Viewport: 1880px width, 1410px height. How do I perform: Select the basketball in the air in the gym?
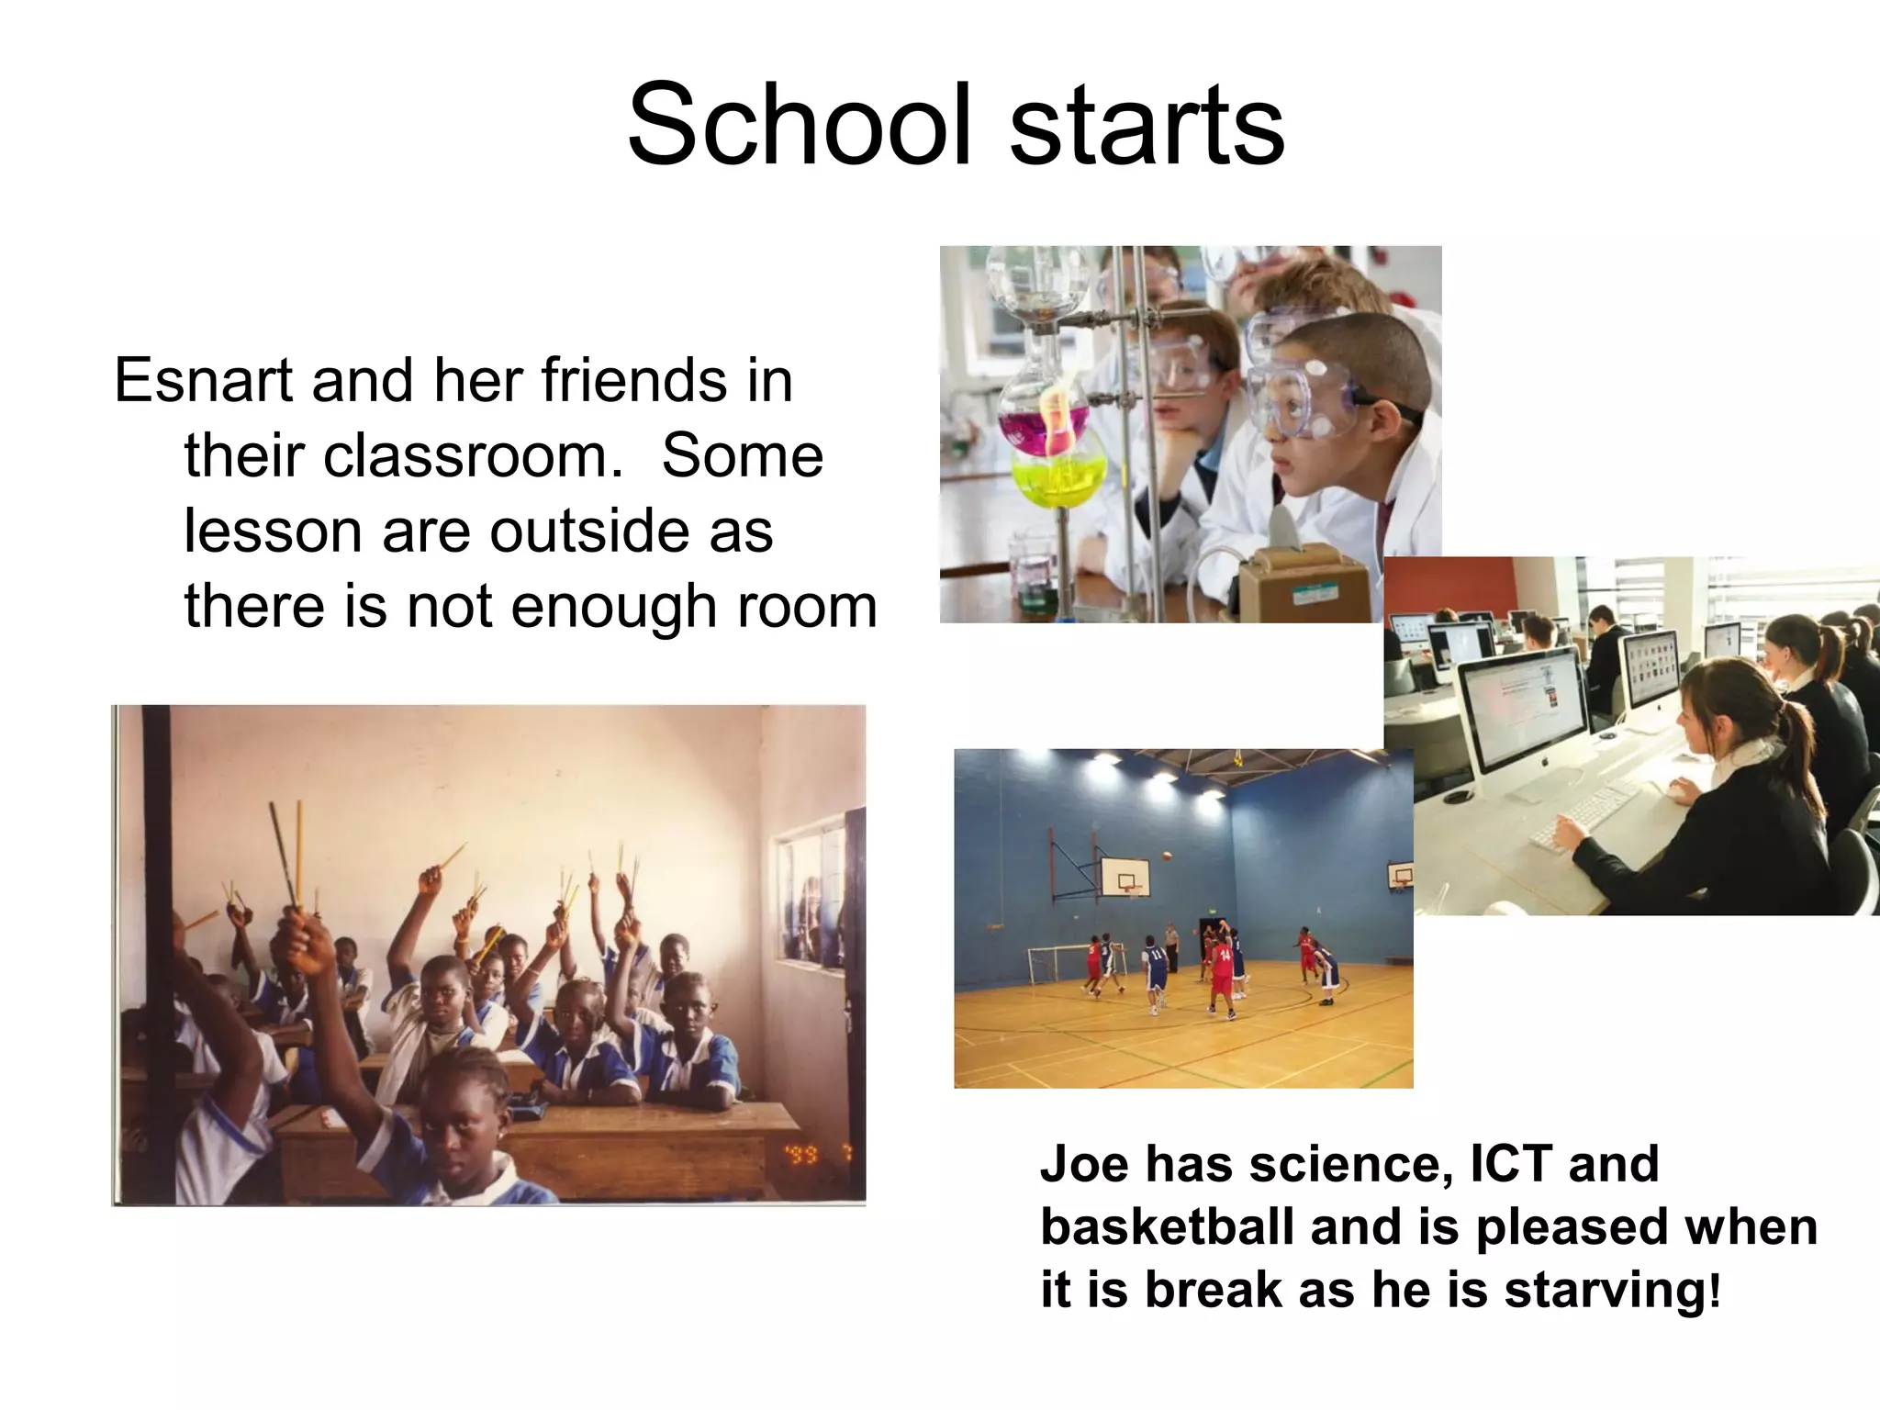pyautogui.click(x=1167, y=856)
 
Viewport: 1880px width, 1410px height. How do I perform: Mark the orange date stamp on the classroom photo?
pyautogui.click(x=804, y=1154)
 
